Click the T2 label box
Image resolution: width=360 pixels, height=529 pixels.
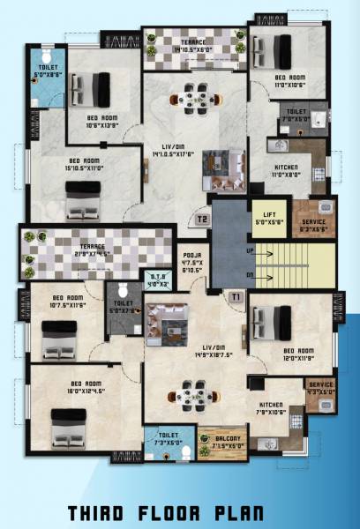[x=202, y=219]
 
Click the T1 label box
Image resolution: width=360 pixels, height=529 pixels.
[x=236, y=297]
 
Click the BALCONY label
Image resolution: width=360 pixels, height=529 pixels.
[x=216, y=439]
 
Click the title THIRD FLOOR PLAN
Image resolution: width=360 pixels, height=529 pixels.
[x=180, y=513]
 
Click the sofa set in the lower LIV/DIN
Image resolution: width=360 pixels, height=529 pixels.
[x=164, y=323]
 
